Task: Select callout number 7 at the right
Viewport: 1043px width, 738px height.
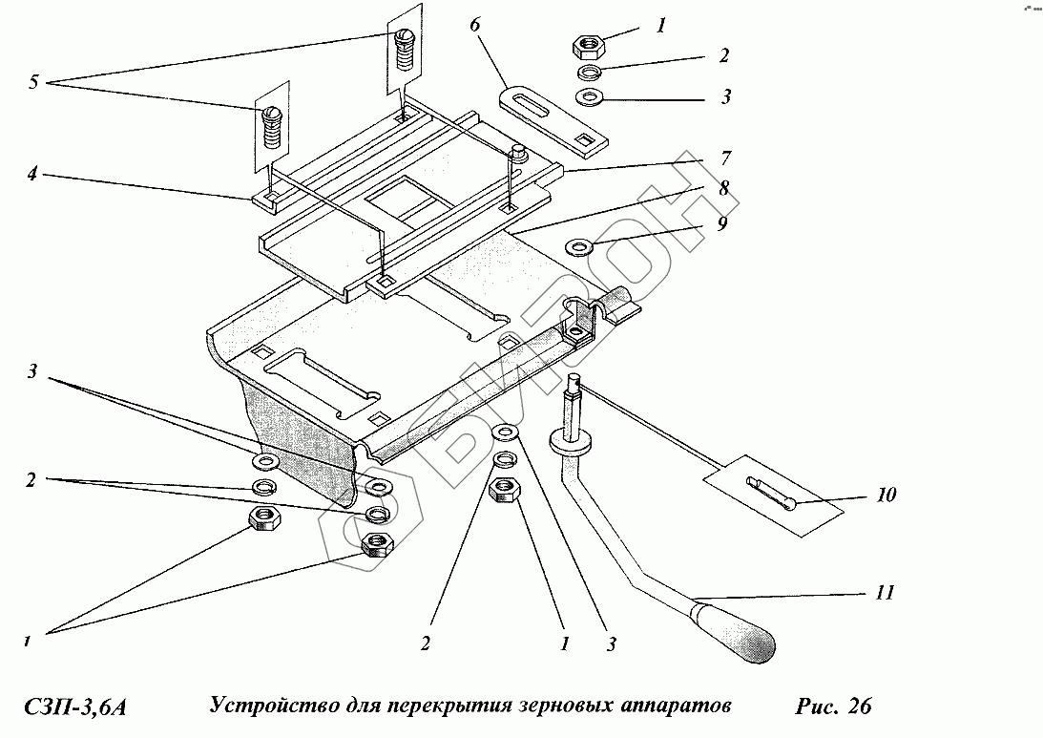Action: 724,158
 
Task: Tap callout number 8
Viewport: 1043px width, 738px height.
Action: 724,188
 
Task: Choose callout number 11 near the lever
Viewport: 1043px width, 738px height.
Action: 885,593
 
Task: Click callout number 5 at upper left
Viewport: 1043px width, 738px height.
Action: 33,82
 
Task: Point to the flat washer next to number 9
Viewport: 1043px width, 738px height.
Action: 577,248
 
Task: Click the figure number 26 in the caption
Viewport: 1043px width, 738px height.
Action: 857,707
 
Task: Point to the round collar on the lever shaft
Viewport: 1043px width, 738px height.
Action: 573,441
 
